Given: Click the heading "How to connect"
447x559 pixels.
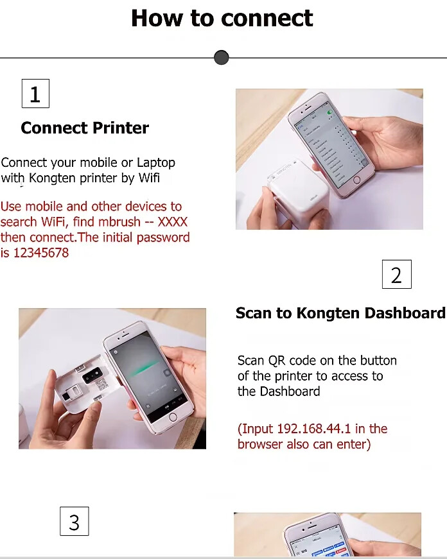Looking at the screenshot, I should (x=222, y=18).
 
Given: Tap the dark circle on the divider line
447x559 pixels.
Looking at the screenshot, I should (x=221, y=58).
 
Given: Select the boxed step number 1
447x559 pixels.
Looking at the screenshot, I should (x=35, y=94).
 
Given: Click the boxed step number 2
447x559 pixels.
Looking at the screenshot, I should (x=396, y=275).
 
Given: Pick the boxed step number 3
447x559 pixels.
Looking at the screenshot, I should (x=74, y=521).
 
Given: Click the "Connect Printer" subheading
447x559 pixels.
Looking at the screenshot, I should (x=85, y=128).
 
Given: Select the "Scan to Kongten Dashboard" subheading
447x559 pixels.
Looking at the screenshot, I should (x=340, y=313).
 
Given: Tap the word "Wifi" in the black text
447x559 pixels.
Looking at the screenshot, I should (x=149, y=178).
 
